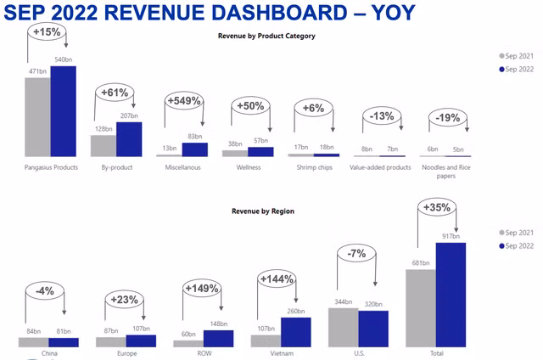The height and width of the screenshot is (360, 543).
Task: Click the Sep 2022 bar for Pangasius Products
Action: click(63, 111)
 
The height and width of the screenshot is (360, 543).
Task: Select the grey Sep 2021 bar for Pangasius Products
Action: click(37, 117)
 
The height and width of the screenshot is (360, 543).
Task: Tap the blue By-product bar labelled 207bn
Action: click(129, 139)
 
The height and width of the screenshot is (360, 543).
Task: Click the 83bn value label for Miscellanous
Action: click(195, 137)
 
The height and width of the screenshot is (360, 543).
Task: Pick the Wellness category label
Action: click(249, 168)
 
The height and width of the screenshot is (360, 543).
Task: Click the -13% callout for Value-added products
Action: click(379, 115)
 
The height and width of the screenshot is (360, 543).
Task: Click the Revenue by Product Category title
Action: click(266, 36)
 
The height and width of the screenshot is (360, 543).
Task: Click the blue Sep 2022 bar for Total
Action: click(451, 294)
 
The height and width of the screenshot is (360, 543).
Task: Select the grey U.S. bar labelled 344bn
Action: click(343, 327)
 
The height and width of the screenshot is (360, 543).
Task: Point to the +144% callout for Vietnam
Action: click(275, 278)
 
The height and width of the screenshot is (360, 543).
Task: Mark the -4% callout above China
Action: click(45, 290)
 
